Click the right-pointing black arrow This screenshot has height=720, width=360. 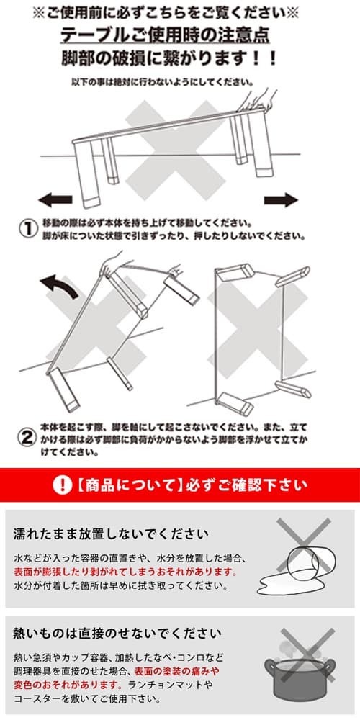pos(281,199)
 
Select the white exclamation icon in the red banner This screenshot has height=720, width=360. pos(63,485)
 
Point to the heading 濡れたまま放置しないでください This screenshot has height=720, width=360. pos(111,534)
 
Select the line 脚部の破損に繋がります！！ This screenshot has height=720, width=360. pos(179,58)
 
